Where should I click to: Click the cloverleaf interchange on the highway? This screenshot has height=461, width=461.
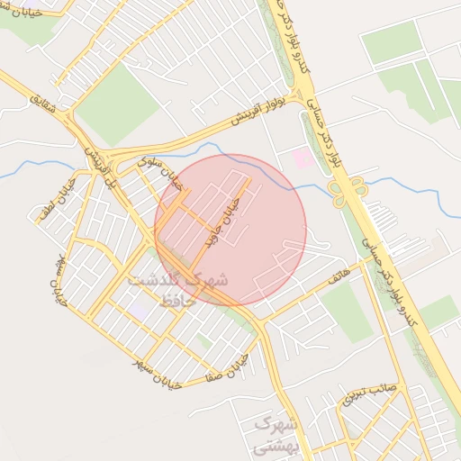coord(348,190)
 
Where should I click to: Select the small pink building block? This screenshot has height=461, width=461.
coord(303,158)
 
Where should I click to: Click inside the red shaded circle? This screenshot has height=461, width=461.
coord(230,230)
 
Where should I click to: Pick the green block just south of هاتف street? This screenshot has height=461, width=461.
coord(348,312)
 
